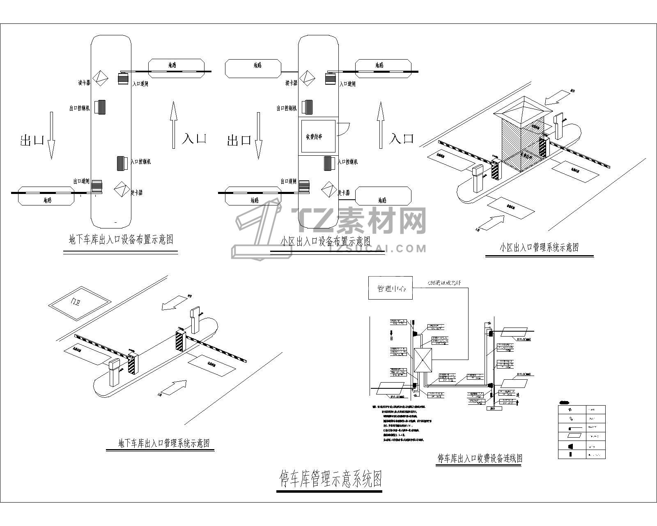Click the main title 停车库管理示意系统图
click(x=331, y=479)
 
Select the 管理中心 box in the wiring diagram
click(x=390, y=288)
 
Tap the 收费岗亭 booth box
click(x=317, y=136)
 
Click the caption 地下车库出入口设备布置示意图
click(x=121, y=240)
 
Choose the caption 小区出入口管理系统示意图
click(x=539, y=247)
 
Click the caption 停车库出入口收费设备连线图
click(x=479, y=458)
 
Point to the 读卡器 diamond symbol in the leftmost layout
click(x=99, y=78)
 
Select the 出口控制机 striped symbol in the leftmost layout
click(x=101, y=107)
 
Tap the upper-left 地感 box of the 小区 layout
click(x=253, y=68)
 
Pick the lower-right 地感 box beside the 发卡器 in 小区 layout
click(x=383, y=196)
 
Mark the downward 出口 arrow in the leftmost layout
click(x=51, y=136)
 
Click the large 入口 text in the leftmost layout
click(x=194, y=138)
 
